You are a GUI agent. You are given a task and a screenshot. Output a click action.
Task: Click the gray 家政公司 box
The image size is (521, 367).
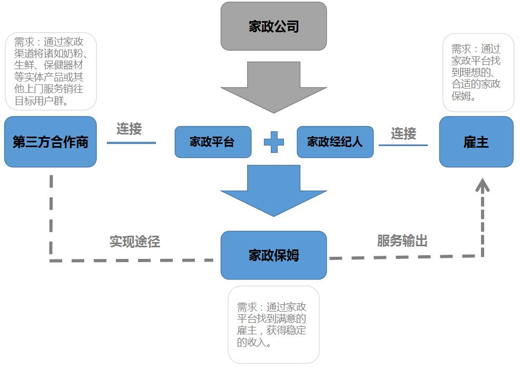pos(273,26)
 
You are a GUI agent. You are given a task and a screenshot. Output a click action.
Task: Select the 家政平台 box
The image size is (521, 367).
pos(213,142)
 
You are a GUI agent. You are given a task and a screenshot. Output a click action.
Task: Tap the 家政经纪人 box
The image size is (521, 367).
pos(335,142)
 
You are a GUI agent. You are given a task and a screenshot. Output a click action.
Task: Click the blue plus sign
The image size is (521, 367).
pos(273,142)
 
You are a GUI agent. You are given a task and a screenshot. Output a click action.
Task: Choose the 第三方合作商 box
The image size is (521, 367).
pos(51,142)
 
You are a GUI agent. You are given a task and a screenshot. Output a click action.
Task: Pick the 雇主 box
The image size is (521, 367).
pos(476,142)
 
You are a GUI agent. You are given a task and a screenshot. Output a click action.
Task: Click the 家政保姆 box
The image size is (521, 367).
pos(273,255)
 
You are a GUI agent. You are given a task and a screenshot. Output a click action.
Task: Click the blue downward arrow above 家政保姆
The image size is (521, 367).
pos(273,190)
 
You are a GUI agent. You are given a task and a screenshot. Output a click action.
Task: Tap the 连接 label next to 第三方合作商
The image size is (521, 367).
pos(129,129)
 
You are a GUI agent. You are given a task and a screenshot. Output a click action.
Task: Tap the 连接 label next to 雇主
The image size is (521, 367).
pos(404,133)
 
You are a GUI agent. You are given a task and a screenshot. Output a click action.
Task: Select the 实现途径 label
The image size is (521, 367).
pos(134,242)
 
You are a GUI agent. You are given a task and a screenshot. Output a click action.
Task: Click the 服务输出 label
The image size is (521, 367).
pos(402,241)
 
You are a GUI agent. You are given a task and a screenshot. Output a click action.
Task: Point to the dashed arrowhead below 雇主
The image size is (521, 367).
pos(483,185)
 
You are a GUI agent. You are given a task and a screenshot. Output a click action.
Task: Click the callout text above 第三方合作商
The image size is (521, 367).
pos(51,71)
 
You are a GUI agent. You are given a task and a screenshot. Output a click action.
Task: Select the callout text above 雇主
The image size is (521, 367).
pos(476,72)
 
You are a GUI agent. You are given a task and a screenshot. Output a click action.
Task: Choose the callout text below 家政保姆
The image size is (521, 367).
pos(272,325)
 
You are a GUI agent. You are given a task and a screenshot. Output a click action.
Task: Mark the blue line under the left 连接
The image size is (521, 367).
pos(131,142)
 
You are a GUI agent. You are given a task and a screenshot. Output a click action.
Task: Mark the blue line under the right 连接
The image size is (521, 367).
pos(403,145)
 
